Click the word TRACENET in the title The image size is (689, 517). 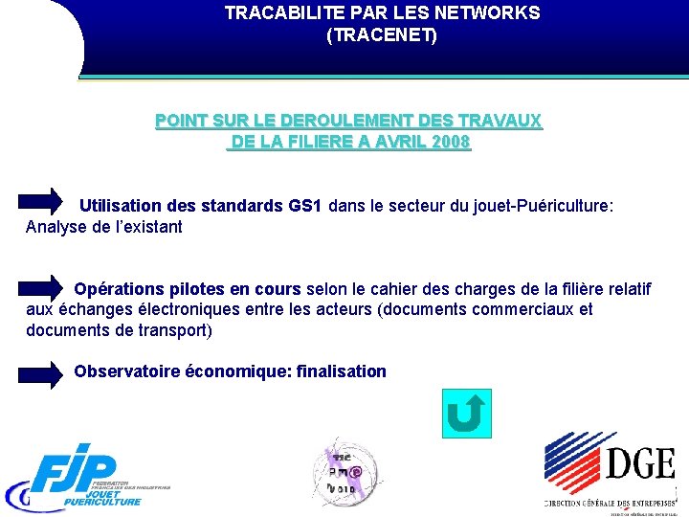382,36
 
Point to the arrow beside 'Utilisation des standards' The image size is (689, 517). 41,200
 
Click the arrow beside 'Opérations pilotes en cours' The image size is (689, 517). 41,287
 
